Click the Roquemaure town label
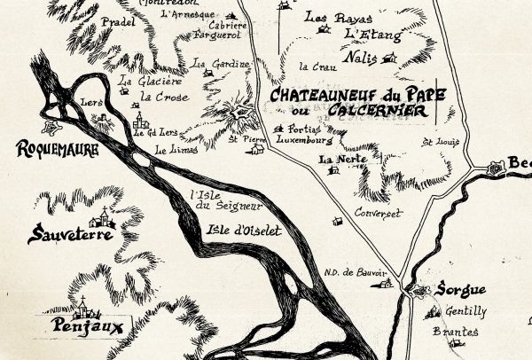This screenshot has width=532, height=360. tap(56, 150)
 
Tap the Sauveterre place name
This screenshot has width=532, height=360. tap(70, 235)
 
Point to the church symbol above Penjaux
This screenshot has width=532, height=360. tap(83, 308)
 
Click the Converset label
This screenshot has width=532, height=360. tap(378, 214)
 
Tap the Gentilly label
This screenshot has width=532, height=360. tap(465, 312)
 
